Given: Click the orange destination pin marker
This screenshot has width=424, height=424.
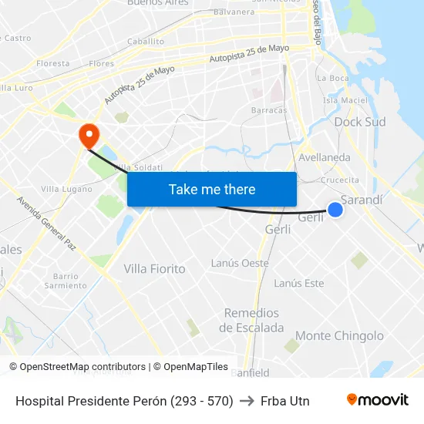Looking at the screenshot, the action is tap(90, 136).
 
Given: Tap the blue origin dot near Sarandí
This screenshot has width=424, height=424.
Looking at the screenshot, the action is tap(335, 209).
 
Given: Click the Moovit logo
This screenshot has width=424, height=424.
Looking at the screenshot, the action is tap(377, 400).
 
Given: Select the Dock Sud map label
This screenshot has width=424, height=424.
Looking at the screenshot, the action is tap(360, 122).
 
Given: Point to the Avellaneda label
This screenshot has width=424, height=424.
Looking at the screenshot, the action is tap(325, 157).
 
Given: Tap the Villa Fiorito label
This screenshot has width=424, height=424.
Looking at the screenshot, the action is tap(155, 269).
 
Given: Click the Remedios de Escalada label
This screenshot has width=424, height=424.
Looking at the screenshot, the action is tap(251, 320).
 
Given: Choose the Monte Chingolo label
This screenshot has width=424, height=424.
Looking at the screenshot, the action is tap(339, 336).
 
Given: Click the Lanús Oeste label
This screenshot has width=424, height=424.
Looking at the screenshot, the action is tap(240, 263).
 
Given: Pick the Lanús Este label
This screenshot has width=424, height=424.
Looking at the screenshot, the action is tap(299, 284).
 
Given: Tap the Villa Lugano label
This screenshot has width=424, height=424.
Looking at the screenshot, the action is tap(66, 188).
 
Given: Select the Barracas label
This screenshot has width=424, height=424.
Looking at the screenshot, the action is tap(269, 110).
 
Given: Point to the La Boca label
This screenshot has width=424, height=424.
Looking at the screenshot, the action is tap(334, 78).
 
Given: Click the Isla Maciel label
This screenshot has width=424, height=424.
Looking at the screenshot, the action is tap(345, 100).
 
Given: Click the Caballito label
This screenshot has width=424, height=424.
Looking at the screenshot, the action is tap(146, 42).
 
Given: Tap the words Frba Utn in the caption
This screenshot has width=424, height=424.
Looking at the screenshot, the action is tap(285, 401).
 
